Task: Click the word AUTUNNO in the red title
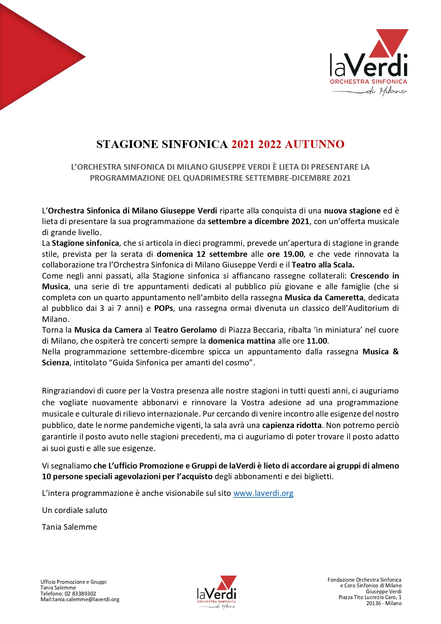(314, 144)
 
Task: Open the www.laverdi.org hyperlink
(263, 493)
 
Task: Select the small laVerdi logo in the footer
(216, 592)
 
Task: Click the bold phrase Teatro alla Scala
(323, 265)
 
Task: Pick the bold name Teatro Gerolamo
(185, 330)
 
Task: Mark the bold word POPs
(163, 308)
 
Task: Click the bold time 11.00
(317, 341)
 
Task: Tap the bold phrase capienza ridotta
(292, 425)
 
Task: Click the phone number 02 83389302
(80, 594)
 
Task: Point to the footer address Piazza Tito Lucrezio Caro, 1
(370, 597)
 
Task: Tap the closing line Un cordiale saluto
(75, 511)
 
